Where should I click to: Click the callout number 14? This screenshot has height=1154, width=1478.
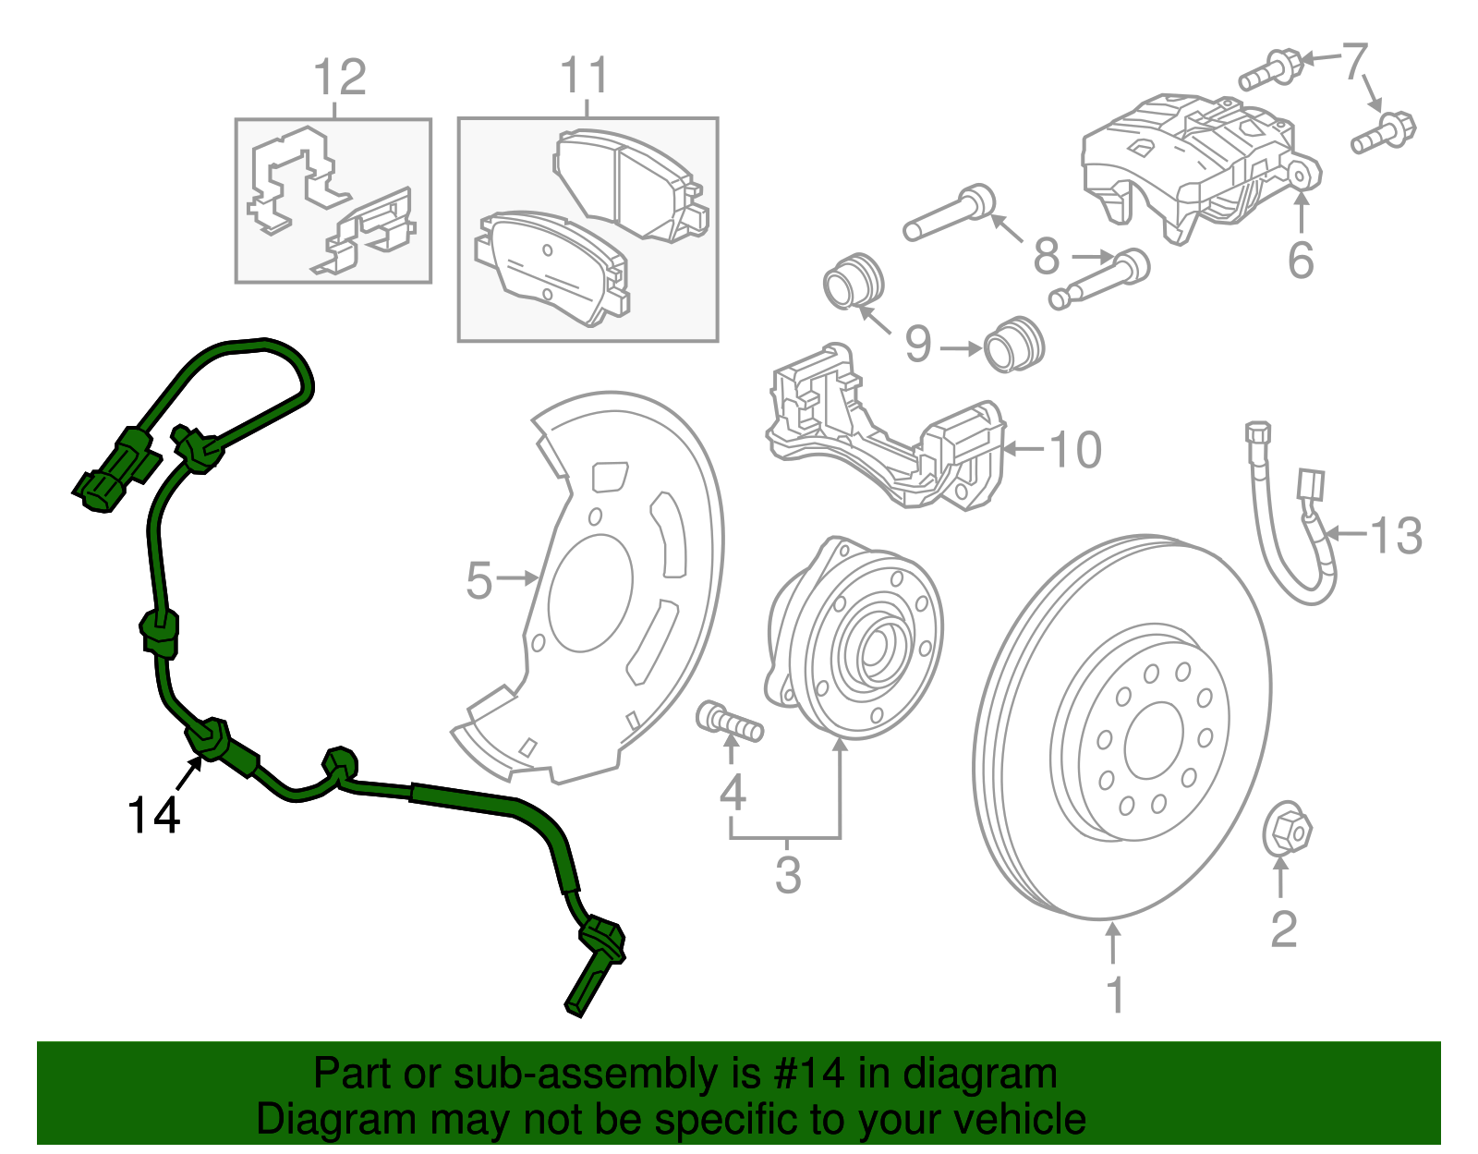point(153,815)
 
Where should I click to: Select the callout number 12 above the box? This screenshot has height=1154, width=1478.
point(339,78)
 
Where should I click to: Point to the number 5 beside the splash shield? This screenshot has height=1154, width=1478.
point(479,581)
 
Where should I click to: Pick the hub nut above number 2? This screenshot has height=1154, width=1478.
point(1287,828)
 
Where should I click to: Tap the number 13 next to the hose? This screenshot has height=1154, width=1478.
point(1395,536)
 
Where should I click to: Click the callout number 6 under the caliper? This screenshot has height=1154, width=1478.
point(1301,261)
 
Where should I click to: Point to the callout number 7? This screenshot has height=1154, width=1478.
point(1353,61)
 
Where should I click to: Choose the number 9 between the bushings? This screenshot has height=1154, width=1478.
point(917,345)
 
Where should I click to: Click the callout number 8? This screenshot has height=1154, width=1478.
point(1046,257)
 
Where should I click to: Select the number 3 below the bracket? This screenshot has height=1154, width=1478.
point(787,875)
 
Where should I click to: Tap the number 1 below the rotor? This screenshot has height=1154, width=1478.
point(1115,995)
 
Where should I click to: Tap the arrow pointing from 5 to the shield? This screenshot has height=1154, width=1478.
point(520,579)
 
